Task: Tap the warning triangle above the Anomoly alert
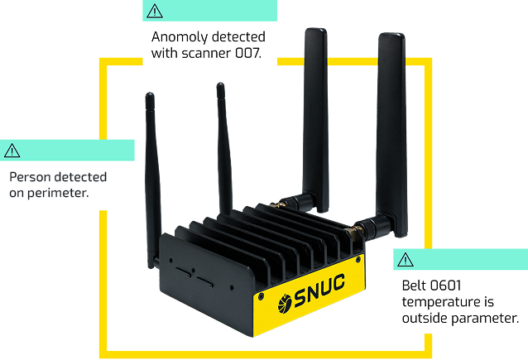tap(155, 11)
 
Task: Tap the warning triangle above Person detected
tap(12, 151)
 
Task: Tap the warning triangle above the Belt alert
tap(405, 260)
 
